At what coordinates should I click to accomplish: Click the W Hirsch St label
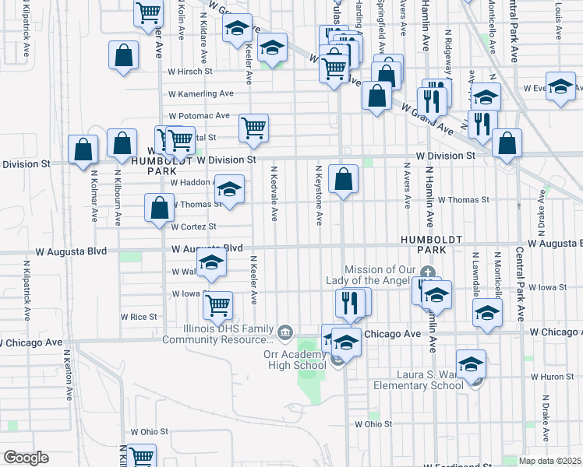coord(191,71)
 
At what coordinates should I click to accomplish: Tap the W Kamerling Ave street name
coord(201,93)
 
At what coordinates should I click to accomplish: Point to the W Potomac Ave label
coord(199,115)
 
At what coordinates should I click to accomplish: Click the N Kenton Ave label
coord(68,378)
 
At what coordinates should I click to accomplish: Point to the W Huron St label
coord(556,377)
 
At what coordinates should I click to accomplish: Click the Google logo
coord(26,458)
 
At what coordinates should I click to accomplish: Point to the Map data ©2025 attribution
coord(550,461)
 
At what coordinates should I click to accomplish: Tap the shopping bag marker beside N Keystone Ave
coord(343,180)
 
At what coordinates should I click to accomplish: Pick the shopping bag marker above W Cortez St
coord(160,209)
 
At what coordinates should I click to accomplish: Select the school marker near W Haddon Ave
coord(229,189)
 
